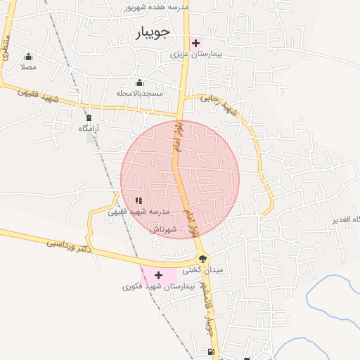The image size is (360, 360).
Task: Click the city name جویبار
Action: click(151, 33)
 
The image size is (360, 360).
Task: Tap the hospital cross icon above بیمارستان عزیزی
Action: click(195, 43)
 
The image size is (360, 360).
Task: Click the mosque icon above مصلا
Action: click(28, 56)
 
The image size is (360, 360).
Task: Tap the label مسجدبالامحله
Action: click(140, 93)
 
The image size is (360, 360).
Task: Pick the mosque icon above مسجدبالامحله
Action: click(139, 82)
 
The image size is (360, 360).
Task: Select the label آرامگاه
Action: click(89, 128)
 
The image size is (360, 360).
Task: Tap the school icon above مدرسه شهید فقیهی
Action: click(138, 200)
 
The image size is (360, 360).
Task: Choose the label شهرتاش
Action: click(161, 229)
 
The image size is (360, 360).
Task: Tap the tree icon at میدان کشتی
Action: click(203, 259)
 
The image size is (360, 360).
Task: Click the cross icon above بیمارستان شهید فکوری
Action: click(158, 275)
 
